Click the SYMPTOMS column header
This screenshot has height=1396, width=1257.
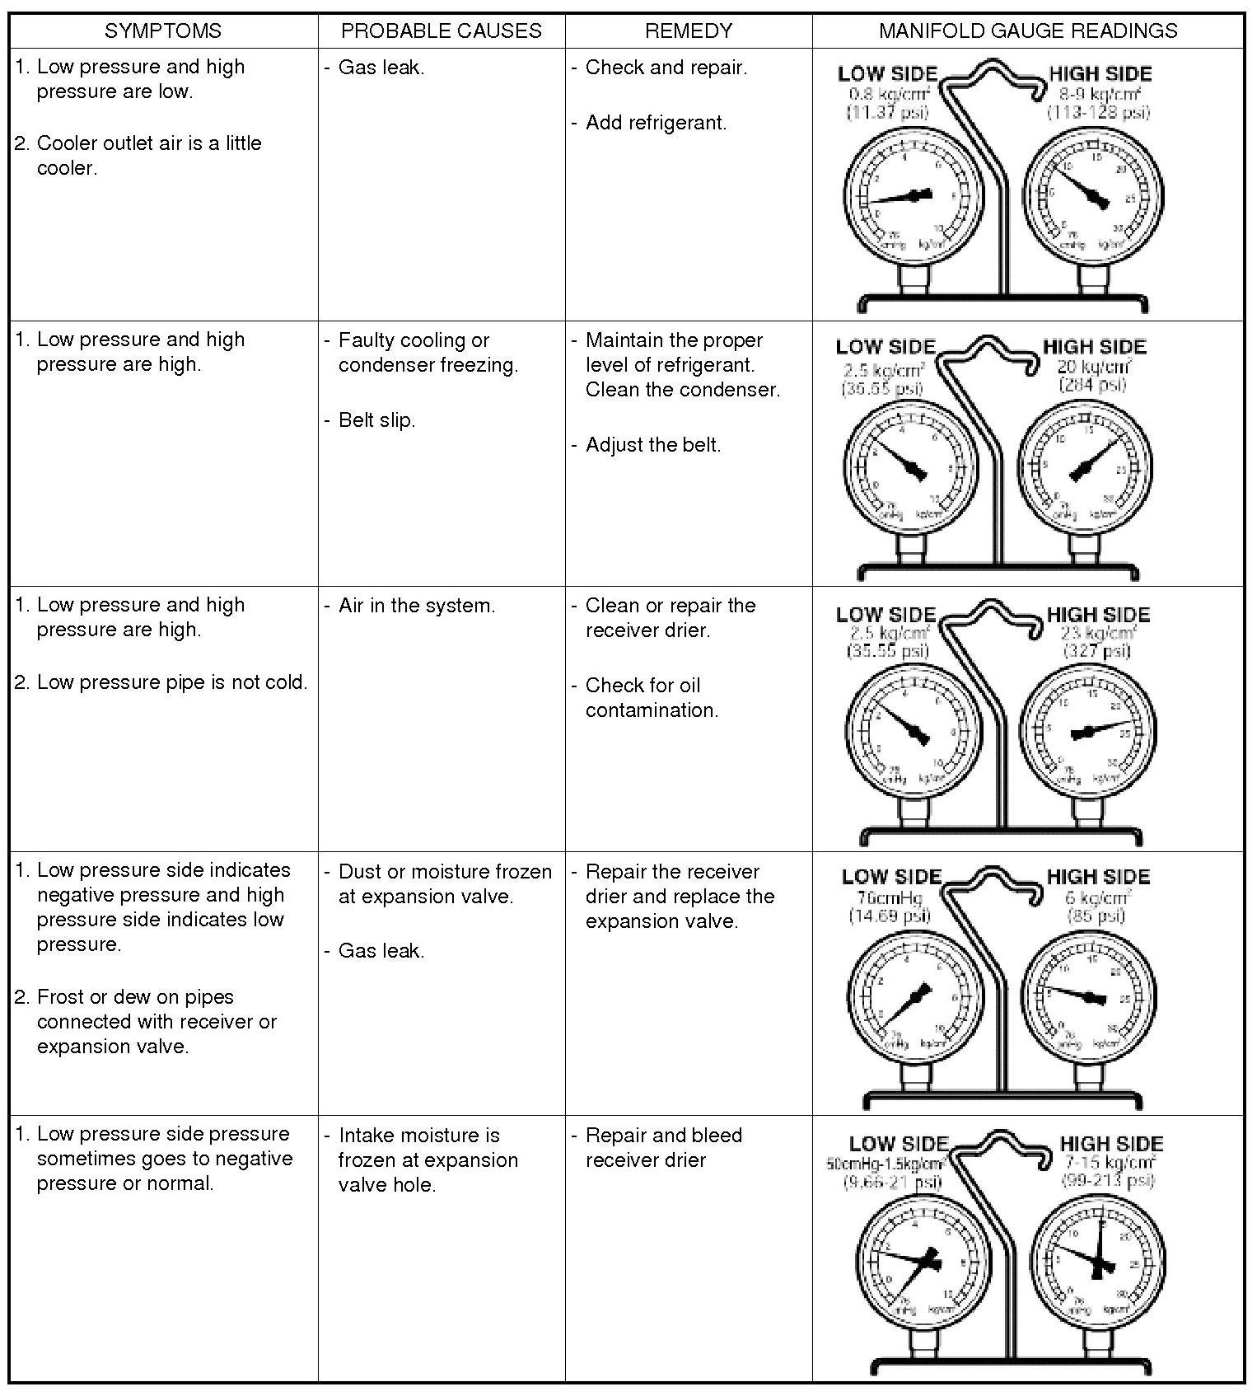[163, 31]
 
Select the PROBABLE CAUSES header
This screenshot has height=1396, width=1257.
[442, 31]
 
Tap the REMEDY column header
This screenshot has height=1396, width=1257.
[689, 31]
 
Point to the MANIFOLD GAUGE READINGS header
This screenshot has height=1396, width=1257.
[1028, 31]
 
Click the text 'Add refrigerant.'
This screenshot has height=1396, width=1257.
[656, 124]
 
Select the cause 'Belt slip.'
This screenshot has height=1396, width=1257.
[376, 420]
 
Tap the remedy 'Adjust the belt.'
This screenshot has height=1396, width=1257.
[652, 445]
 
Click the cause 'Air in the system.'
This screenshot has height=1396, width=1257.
[417, 606]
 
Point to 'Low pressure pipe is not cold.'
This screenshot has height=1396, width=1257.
[171, 682]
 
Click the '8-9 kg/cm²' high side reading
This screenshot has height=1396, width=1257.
[1098, 94]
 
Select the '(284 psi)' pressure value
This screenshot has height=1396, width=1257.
[1092, 385]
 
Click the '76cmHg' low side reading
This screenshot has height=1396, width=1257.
[890, 897]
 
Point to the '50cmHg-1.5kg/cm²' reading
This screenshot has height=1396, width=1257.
[885, 1164]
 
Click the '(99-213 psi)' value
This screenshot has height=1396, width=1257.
[1108, 1181]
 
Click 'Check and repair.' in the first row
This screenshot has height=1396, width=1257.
[666, 68]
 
